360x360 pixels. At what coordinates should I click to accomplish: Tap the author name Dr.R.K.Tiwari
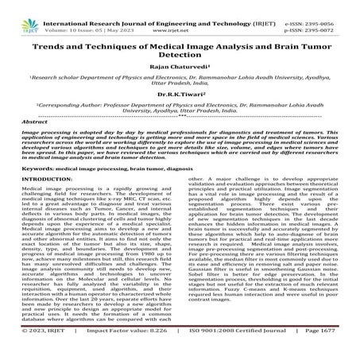pos(180,114)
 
